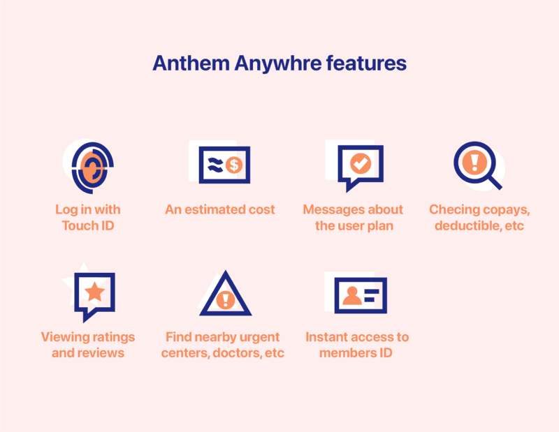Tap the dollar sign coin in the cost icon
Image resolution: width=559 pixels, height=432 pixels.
(x=235, y=165)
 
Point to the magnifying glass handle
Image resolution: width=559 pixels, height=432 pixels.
(x=493, y=181)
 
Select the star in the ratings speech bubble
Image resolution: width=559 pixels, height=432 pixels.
(x=95, y=292)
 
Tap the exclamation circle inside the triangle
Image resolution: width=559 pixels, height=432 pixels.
(x=225, y=301)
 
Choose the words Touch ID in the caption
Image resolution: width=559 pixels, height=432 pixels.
(x=88, y=225)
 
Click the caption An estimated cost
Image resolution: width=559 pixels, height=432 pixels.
(x=220, y=209)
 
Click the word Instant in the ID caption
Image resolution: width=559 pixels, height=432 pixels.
(x=328, y=336)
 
